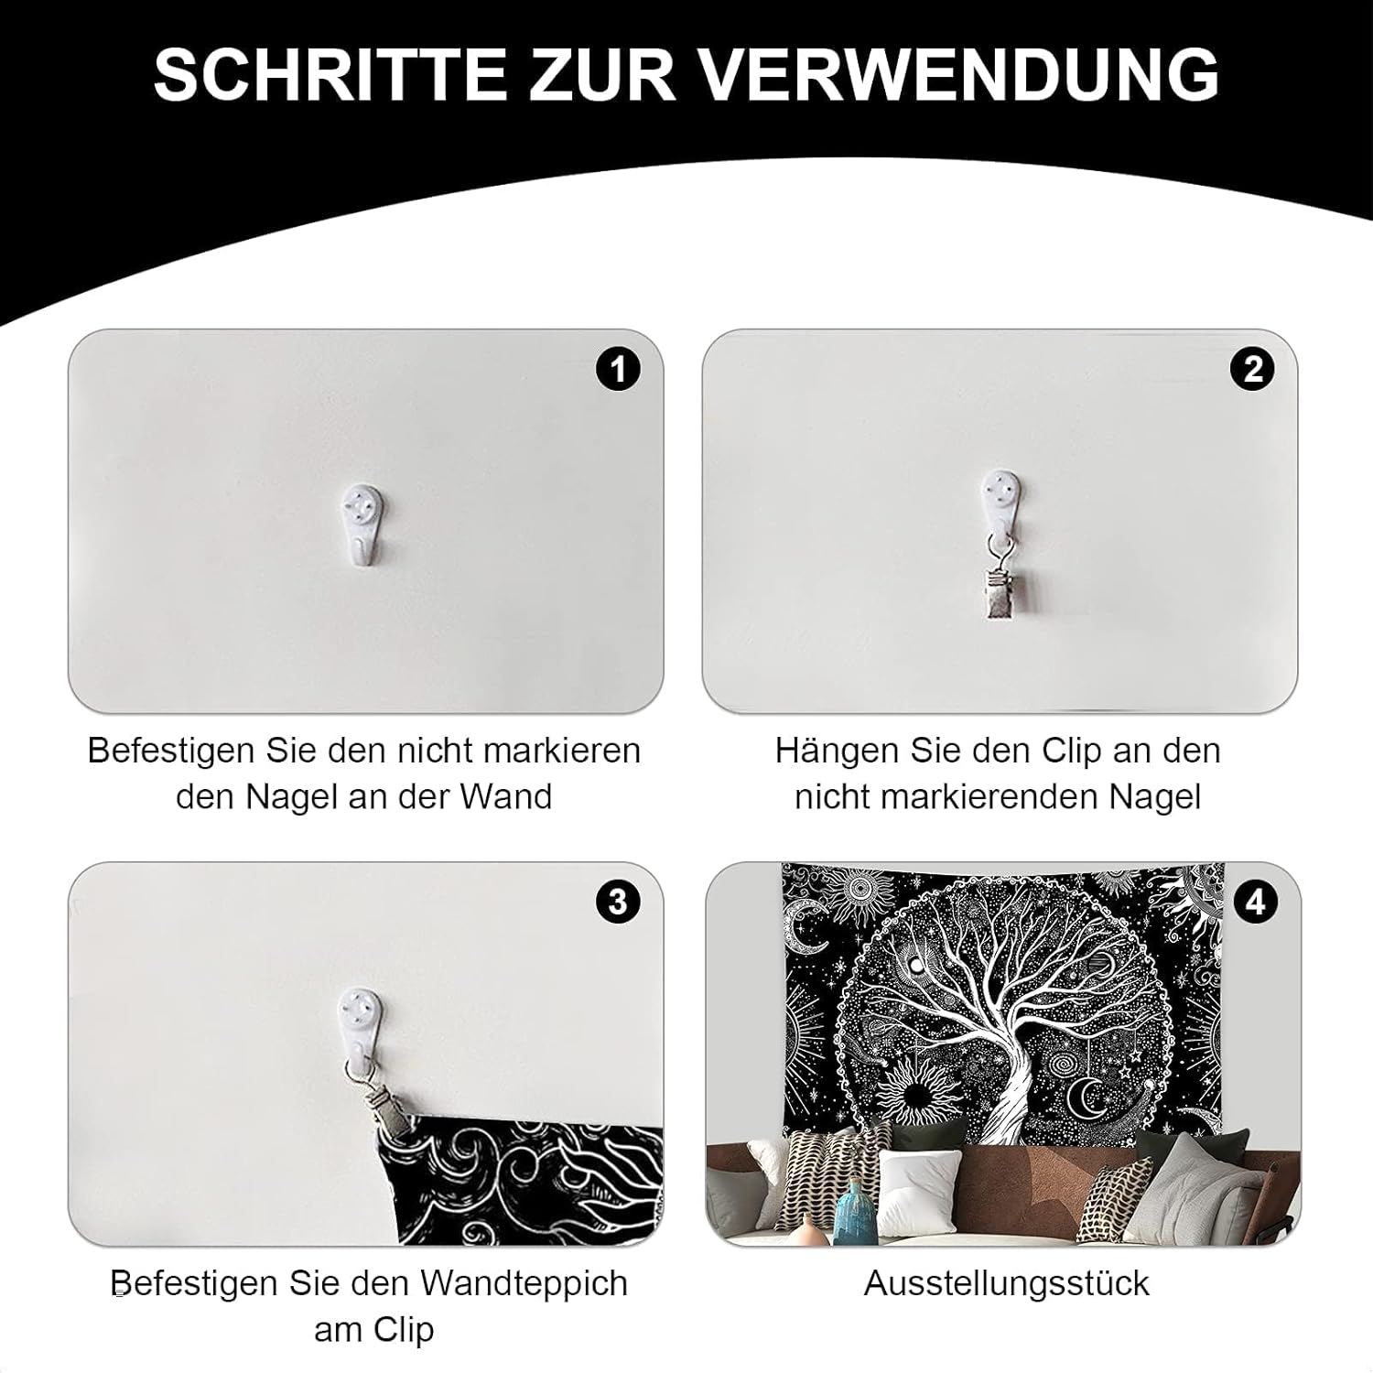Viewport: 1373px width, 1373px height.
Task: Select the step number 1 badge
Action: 618,370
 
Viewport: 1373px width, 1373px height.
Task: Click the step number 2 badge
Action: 1252,370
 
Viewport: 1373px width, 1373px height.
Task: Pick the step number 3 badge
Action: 618,902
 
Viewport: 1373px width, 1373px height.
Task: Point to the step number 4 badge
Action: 1255,903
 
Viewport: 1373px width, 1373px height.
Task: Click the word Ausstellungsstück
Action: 1006,1283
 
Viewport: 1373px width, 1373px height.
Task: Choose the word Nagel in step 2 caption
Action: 1155,797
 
